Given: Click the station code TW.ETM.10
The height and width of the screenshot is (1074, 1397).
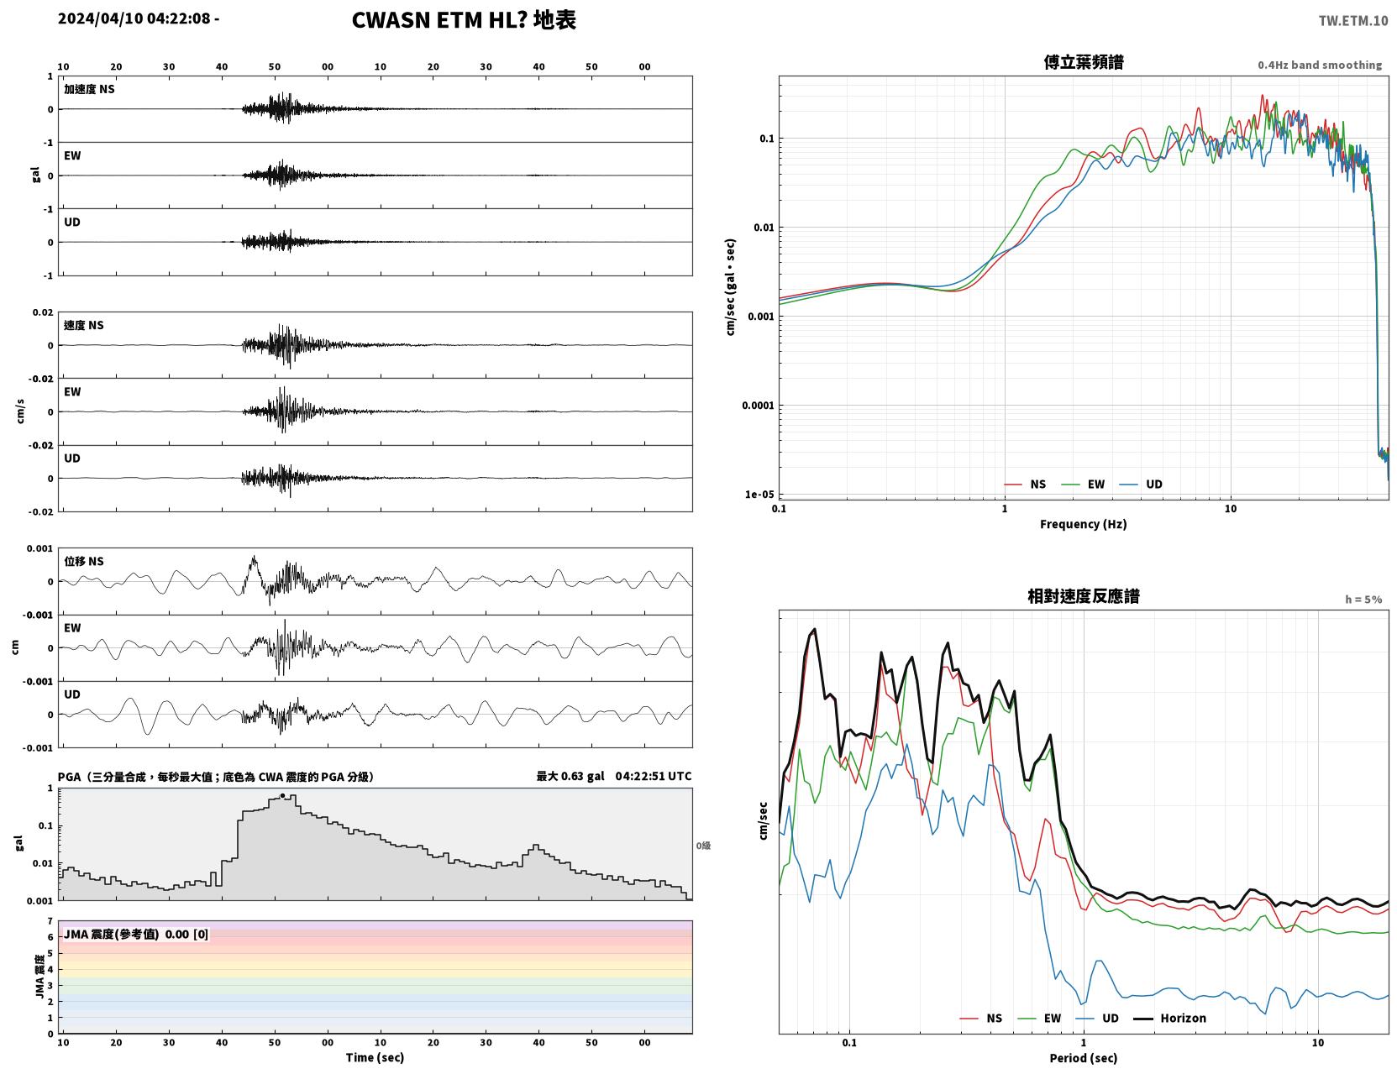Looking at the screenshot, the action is tap(1352, 20).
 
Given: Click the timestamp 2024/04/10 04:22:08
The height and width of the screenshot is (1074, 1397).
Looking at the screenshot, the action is tap(134, 18).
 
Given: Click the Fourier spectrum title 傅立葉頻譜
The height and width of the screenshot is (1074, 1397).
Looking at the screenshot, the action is tap(1084, 62).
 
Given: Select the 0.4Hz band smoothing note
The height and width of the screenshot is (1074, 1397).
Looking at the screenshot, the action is tap(1319, 65).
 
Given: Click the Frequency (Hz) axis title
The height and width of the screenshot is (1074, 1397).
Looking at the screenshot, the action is tap(1084, 524).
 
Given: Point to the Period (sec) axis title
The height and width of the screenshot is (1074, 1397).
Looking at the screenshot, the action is tap(1084, 1058).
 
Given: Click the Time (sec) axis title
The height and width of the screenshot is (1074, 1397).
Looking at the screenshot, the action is tap(375, 1057).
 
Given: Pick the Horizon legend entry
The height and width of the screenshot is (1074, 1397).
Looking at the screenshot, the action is tap(1170, 1018).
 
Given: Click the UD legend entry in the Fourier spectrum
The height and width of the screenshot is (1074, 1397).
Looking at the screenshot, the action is tap(1141, 485).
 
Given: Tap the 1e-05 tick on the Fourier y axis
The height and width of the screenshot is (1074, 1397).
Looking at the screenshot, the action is tap(759, 494).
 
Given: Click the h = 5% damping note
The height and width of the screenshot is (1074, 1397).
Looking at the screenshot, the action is tap(1363, 600).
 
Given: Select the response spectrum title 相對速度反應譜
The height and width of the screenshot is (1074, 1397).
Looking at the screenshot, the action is tap(1084, 596).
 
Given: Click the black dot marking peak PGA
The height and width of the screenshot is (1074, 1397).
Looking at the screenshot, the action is tap(282, 796).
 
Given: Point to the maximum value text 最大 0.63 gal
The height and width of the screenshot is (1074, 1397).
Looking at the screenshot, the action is tap(570, 776).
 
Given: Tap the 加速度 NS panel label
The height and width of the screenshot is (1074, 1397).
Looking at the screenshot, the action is tap(89, 89).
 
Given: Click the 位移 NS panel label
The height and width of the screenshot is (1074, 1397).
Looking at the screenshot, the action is tap(83, 562).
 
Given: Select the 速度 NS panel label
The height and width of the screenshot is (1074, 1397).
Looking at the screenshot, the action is tap(83, 325).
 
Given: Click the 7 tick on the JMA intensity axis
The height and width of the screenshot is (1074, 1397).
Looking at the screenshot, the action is tap(50, 921).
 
